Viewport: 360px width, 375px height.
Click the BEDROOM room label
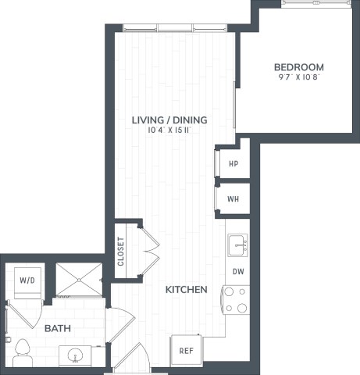298,67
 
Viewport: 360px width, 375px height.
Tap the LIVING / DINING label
169,120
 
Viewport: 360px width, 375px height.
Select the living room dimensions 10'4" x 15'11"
169,130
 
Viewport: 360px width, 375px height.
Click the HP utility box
233,164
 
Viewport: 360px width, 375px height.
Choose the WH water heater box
233,198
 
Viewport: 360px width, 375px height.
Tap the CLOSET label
121,251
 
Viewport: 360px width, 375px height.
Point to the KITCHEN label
186,290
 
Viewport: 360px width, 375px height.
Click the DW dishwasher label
237,272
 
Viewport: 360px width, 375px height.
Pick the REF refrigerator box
186,351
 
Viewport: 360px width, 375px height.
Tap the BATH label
55,329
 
